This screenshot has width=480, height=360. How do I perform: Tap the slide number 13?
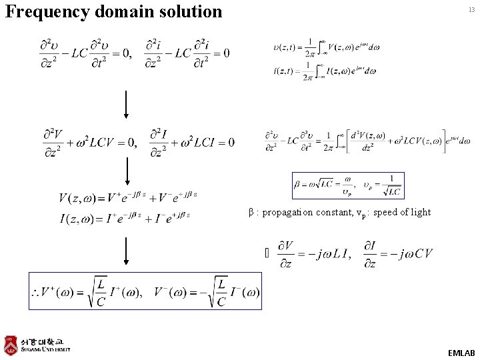point(471,10)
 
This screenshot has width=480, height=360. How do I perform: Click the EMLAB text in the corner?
point(461,352)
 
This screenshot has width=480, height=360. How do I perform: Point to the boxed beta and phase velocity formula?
point(347,185)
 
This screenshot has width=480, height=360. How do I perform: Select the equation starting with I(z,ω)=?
point(125,216)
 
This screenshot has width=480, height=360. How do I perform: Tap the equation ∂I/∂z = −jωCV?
point(398,253)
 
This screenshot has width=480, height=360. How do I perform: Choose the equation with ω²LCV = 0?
point(89,141)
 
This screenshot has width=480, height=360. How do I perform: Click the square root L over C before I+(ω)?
point(100,293)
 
